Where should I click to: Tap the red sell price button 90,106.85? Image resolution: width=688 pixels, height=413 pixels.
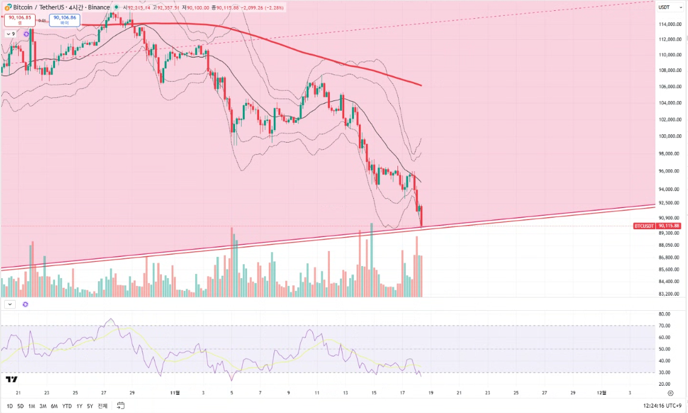[x=19, y=19]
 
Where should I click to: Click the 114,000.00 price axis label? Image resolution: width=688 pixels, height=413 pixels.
[x=669, y=24]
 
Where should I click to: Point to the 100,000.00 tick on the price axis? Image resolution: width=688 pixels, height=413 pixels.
[x=669, y=137]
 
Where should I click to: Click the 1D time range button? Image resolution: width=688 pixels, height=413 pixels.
[x=10, y=406]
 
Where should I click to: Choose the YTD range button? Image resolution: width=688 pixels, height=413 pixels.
[x=66, y=406]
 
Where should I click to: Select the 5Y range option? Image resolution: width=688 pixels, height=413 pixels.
[x=90, y=406]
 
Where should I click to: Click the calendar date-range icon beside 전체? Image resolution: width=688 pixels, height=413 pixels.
[x=121, y=406]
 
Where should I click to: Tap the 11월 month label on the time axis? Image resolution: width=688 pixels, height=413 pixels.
[x=175, y=392]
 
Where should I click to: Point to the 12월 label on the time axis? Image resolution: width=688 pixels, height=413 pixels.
[x=602, y=392]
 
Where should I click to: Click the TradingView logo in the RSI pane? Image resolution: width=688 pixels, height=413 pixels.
[x=11, y=380]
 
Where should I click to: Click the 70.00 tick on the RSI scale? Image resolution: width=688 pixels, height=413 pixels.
[x=665, y=325]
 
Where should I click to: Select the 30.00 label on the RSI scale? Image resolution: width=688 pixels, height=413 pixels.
[x=665, y=372]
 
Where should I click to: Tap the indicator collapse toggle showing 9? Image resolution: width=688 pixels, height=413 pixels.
[x=11, y=34]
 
